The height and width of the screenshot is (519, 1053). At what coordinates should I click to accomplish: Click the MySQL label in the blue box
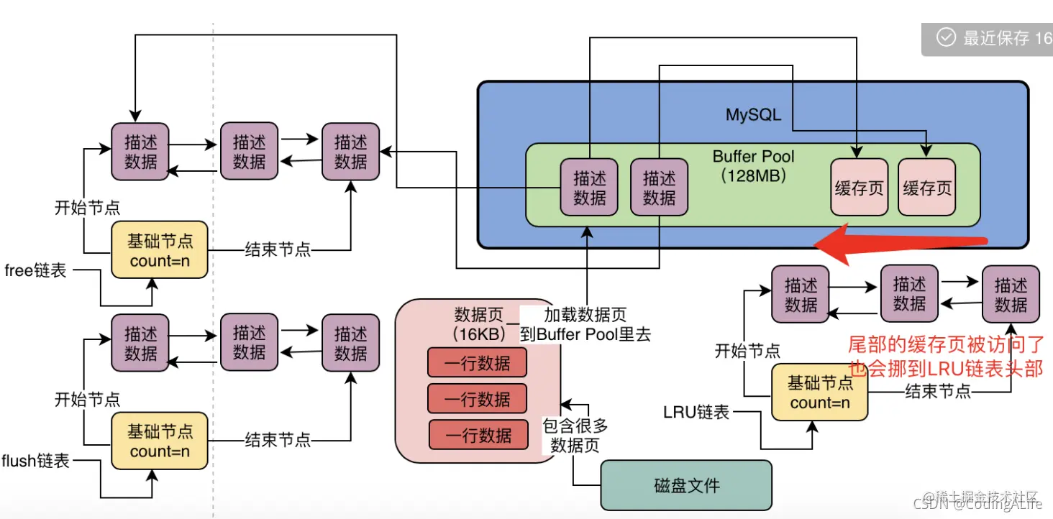tap(753, 115)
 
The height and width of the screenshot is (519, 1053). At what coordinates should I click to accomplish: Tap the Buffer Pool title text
tap(753, 157)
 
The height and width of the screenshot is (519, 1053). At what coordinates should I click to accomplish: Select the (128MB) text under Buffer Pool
tap(753, 175)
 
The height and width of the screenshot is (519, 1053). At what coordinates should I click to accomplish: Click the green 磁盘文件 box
tap(686, 485)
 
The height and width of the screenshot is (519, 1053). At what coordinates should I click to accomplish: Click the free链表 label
tap(36, 270)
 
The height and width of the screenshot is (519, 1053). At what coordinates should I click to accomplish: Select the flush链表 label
tap(36, 461)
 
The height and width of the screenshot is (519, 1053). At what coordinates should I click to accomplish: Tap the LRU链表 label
tap(696, 412)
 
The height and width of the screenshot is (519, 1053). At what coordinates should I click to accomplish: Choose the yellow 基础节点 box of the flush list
tap(160, 441)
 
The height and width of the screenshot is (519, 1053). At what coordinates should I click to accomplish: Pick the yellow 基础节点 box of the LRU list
tap(819, 392)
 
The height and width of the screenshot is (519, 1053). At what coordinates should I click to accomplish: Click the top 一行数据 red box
tap(477, 364)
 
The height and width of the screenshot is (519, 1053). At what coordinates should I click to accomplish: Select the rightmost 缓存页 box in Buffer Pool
tap(927, 188)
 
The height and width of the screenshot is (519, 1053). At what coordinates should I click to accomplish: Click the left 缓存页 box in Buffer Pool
tap(859, 188)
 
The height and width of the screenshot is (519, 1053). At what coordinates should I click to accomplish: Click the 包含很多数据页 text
tap(575, 436)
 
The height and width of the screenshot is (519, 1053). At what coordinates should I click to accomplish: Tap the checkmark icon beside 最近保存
tap(946, 37)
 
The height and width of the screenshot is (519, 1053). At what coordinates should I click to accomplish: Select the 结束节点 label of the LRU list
tap(938, 392)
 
